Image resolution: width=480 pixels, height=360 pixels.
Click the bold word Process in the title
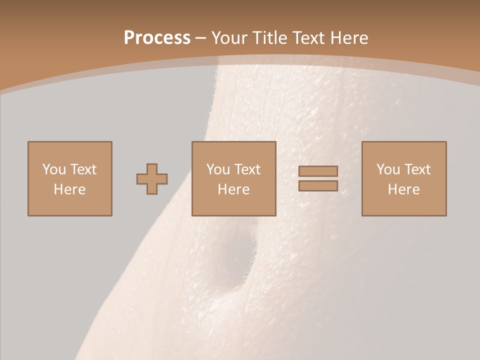[157, 38]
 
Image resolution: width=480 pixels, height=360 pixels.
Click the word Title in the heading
[270, 38]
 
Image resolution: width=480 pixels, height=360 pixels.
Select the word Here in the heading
[349, 38]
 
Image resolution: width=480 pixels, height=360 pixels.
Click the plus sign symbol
[152, 179]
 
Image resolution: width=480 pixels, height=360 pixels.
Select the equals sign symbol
[318, 178]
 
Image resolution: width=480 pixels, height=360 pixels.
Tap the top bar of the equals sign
[318, 171]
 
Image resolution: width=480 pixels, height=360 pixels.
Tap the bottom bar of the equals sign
[318, 185]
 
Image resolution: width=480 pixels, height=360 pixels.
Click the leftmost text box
[70, 178]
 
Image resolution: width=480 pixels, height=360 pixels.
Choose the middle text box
[234, 178]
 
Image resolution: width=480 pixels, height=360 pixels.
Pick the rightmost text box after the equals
[404, 178]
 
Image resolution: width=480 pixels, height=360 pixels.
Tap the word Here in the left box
[70, 189]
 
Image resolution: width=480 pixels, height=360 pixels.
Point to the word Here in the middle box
[234, 189]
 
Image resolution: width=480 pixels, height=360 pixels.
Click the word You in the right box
[388, 169]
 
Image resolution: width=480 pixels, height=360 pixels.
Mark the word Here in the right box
[404, 189]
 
